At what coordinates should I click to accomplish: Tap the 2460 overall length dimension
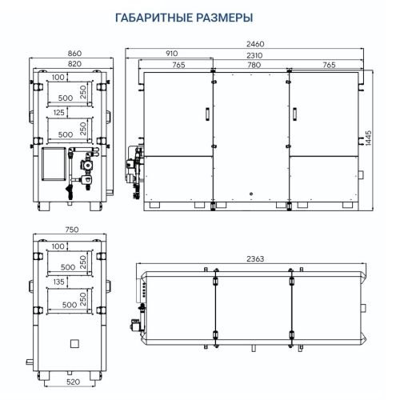[x=253, y=44]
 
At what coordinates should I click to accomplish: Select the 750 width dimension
[x=71, y=230]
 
